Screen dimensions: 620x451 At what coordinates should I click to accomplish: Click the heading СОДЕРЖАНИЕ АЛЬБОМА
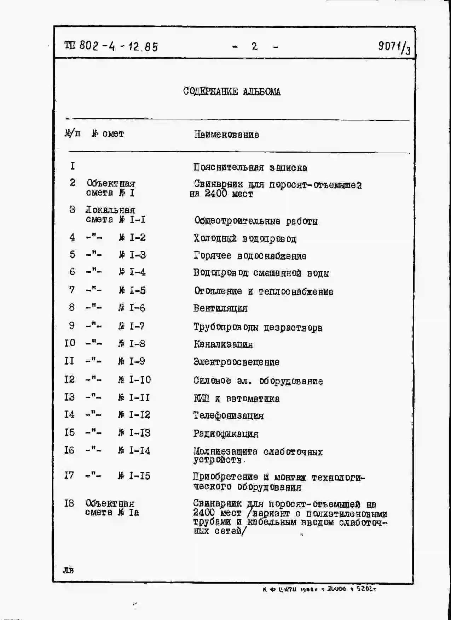(x=232, y=92)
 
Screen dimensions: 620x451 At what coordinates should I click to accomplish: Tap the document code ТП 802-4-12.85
(x=111, y=46)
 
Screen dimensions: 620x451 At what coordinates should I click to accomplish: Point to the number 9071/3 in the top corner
(x=394, y=47)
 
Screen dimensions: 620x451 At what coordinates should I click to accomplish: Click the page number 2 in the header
(x=254, y=46)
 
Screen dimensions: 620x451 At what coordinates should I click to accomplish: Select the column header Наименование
(x=226, y=135)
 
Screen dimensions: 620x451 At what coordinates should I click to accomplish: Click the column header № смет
(x=108, y=134)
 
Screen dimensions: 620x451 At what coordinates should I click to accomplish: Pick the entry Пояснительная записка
(x=250, y=167)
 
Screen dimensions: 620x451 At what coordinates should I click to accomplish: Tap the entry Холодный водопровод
(x=245, y=239)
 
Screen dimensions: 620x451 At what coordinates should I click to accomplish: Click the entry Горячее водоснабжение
(x=250, y=256)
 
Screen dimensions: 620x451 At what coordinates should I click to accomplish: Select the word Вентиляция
(x=220, y=308)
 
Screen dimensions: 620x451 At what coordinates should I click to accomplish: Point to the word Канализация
(x=223, y=344)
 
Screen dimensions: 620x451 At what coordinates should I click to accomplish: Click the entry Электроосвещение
(x=236, y=362)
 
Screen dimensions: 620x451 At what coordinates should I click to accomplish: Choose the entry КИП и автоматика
(x=236, y=399)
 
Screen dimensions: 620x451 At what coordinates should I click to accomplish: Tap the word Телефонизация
(x=228, y=416)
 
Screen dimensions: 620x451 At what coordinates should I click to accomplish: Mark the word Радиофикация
(x=226, y=434)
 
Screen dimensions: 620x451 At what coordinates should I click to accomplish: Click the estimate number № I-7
(x=132, y=326)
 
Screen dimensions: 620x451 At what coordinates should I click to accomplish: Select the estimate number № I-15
(x=134, y=476)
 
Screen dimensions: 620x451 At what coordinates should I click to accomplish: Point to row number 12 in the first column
(x=69, y=379)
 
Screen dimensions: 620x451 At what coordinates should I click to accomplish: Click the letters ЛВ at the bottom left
(x=68, y=570)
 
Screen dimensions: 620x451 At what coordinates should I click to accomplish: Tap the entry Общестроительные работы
(x=256, y=221)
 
